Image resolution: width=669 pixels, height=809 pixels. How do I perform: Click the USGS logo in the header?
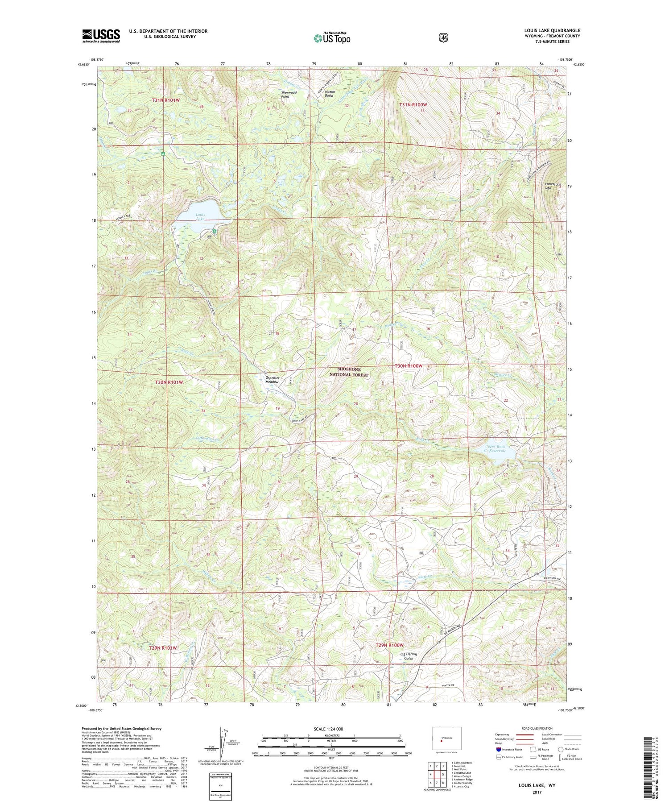tap(101, 36)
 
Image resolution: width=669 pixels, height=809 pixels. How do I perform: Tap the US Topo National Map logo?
tap(332, 38)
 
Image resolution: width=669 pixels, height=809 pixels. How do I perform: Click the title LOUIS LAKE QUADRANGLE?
tap(552, 31)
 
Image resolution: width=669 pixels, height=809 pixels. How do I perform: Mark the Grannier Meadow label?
tap(272, 380)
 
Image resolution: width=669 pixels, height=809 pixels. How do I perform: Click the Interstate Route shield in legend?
tap(498, 749)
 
